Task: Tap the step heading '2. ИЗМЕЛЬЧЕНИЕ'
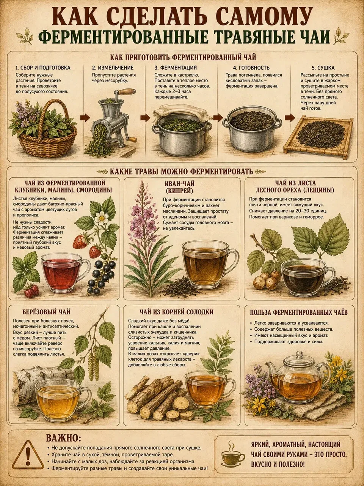(113, 68)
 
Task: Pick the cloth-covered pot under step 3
(182, 129)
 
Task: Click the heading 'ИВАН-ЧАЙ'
(180, 183)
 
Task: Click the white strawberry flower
(102, 218)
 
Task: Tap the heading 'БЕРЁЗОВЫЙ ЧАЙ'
(46, 312)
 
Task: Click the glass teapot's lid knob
(300, 353)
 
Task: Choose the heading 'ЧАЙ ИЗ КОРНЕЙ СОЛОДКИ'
(176, 312)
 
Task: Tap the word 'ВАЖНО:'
(63, 438)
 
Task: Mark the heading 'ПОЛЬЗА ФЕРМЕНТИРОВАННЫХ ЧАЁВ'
(299, 312)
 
